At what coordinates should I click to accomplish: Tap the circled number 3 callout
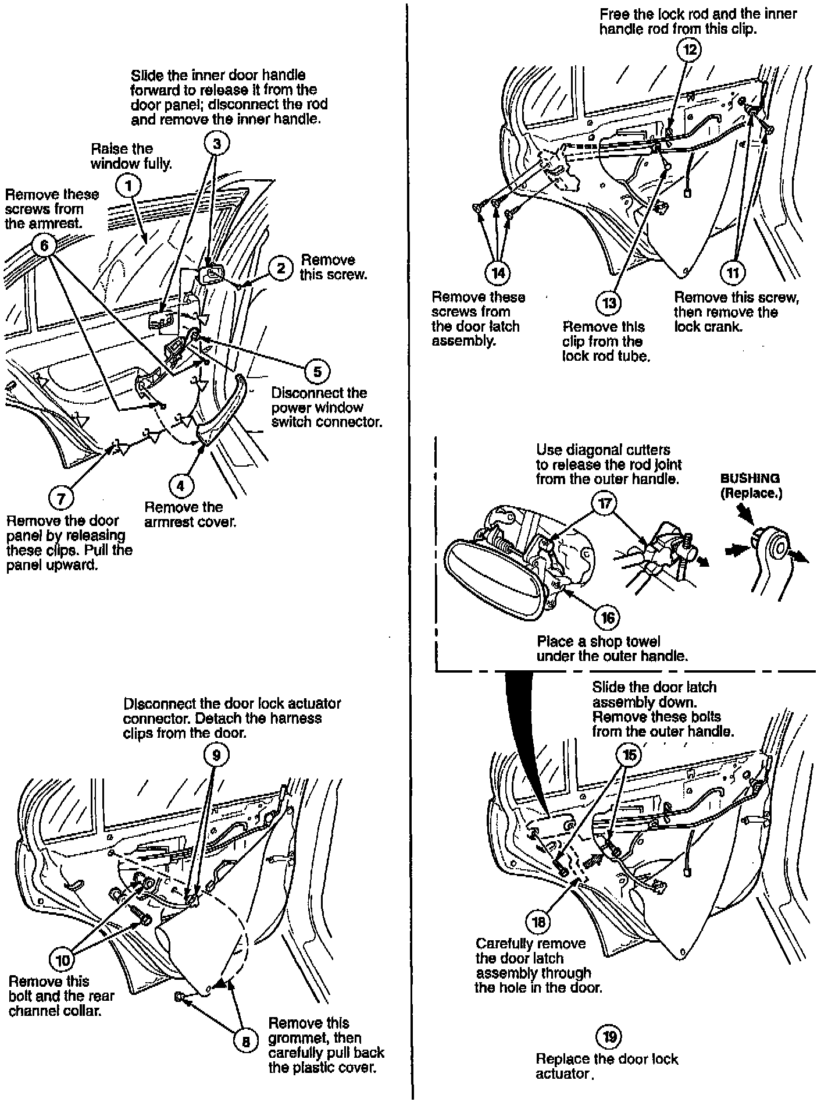click(x=217, y=144)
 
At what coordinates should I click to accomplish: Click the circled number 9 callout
click(x=216, y=755)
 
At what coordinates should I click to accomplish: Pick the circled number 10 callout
click(x=62, y=959)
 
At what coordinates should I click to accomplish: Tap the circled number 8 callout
click(x=245, y=1041)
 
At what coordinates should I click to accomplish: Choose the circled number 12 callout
click(x=688, y=49)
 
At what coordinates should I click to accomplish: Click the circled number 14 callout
click(x=497, y=272)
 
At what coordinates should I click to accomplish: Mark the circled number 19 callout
click(x=608, y=1036)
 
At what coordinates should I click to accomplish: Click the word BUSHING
click(x=750, y=479)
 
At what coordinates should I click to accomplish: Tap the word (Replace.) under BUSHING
click(x=751, y=493)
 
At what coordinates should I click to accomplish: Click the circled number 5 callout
click(x=317, y=371)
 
